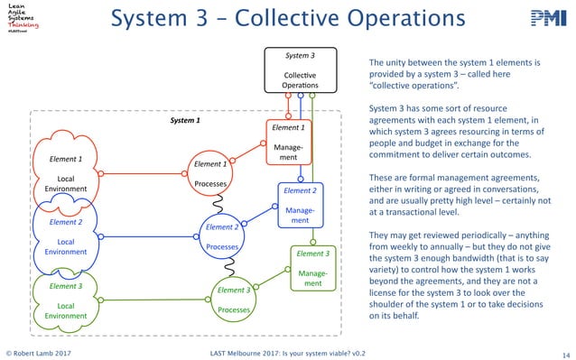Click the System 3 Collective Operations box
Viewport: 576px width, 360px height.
pos(299,69)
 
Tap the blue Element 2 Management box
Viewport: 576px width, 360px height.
pos(300,206)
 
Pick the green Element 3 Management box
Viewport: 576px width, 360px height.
pos(312,269)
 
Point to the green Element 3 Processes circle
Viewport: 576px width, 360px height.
pos(233,299)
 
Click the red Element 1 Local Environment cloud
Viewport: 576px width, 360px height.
pos(65,171)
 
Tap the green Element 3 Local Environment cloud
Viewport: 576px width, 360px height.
pos(65,299)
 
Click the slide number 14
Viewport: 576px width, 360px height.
pos(565,353)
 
